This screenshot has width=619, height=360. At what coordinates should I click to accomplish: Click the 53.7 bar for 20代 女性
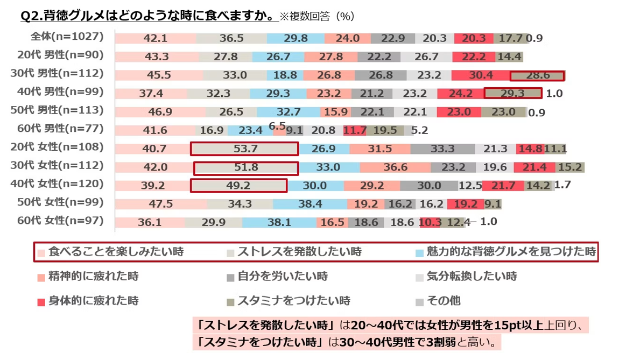[x=244, y=149]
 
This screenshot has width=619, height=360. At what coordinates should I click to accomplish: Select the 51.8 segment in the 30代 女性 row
[x=246, y=168]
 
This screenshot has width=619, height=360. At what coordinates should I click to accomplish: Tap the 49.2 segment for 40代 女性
[x=238, y=186]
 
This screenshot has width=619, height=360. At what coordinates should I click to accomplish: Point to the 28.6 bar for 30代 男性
[x=537, y=75]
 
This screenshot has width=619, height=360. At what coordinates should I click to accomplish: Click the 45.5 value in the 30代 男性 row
[x=159, y=75]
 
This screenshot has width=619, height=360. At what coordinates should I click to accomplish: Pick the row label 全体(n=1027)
[x=67, y=37]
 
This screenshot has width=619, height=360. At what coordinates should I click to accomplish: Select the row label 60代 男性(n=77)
[x=60, y=129]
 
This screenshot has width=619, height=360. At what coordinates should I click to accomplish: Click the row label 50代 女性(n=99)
[x=60, y=202]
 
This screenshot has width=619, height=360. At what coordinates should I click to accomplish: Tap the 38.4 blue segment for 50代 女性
[x=310, y=204]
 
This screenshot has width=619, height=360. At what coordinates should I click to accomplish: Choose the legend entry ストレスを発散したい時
[x=294, y=252]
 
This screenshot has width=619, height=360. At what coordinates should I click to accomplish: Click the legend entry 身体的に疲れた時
[x=88, y=301]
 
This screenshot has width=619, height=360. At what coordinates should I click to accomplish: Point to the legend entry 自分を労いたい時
[x=277, y=276]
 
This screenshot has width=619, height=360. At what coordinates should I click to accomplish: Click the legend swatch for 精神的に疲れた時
[x=41, y=278]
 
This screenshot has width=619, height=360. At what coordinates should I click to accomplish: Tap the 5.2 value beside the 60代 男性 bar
[x=419, y=130]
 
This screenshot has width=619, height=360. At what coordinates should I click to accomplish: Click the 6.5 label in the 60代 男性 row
[x=277, y=126]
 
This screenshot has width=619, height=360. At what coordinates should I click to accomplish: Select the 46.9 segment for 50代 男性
[x=160, y=112]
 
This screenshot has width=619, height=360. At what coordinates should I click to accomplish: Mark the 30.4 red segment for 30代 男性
[x=481, y=75]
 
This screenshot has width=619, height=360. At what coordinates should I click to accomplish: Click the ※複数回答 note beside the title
[x=304, y=16]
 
